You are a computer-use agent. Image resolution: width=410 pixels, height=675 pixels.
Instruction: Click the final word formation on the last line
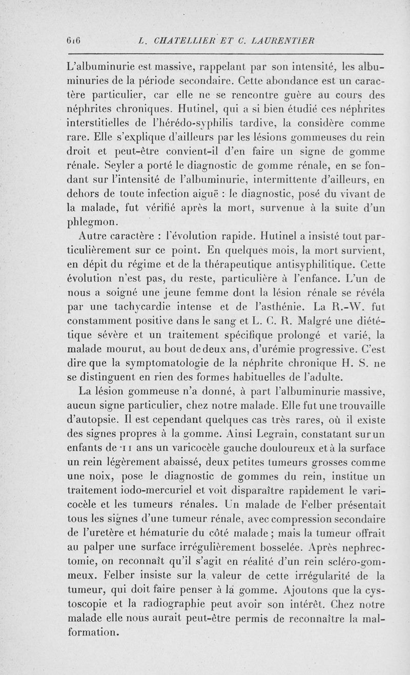pyautogui.click(x=93, y=633)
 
